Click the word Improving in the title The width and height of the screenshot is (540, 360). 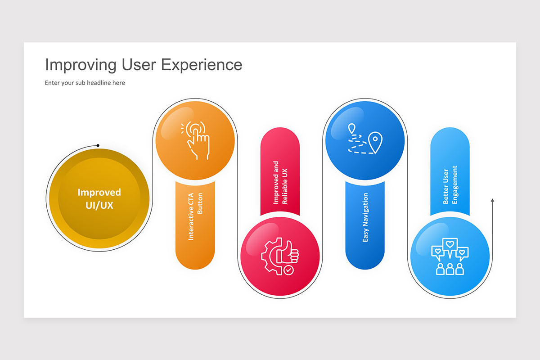81,65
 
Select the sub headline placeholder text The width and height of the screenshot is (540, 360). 85,83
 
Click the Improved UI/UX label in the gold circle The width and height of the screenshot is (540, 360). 99,198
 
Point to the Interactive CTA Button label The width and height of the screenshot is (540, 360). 195,216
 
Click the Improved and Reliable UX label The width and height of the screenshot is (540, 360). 280,183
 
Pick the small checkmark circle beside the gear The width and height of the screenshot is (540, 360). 288,270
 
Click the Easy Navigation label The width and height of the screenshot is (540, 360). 365,218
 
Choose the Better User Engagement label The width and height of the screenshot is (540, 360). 450,185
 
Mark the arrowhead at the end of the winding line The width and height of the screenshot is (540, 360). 492,200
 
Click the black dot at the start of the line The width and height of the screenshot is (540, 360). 98,145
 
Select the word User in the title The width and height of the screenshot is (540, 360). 139,65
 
